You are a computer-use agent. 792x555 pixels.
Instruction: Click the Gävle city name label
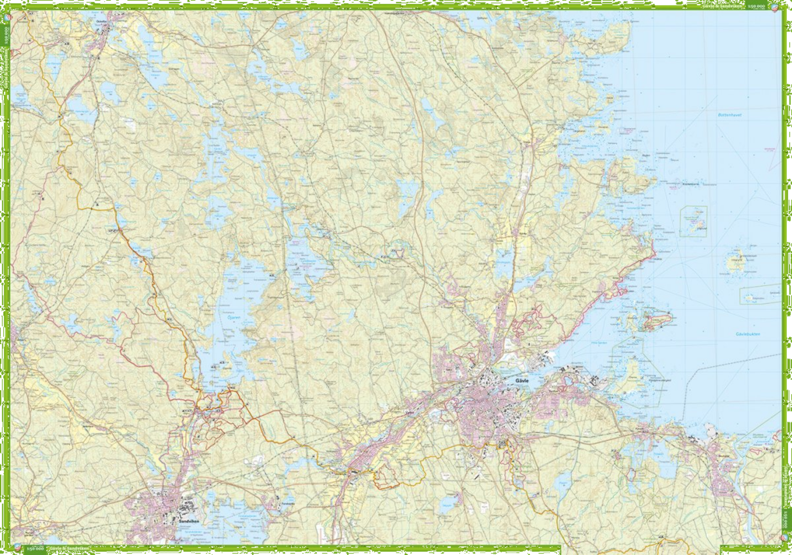[522, 381]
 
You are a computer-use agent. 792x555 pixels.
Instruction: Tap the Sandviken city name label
[189, 521]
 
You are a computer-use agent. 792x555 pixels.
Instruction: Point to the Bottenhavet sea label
[729, 115]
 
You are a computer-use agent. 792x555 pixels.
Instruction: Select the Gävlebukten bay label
[748, 334]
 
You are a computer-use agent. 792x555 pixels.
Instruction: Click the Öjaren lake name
[234, 318]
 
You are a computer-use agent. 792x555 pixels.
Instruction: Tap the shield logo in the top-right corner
[775, 7]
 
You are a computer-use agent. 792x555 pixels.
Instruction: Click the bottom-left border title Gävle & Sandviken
[68, 549]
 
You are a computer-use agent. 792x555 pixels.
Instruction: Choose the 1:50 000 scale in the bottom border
[35, 549]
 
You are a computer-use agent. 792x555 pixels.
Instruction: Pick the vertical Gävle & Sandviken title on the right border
[786, 487]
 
